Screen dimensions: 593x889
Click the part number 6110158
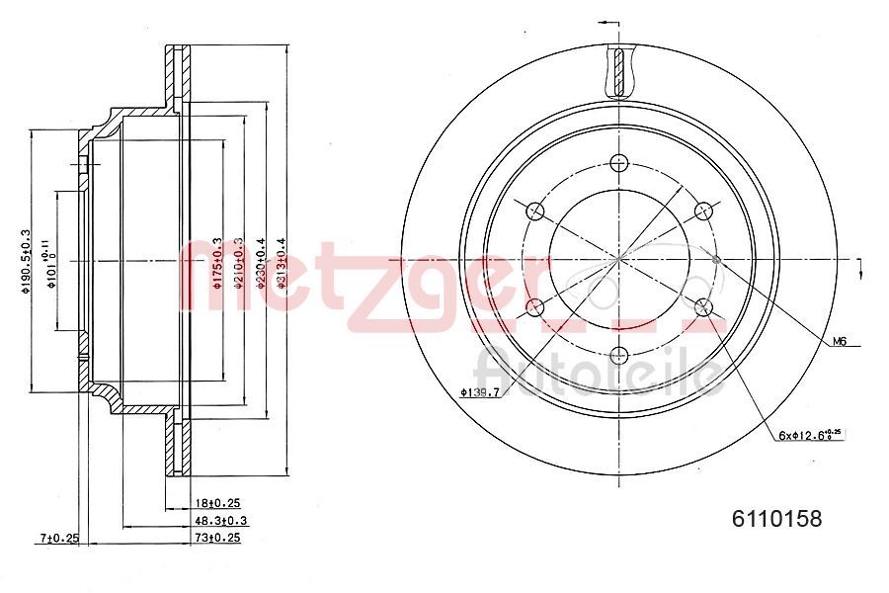click(x=775, y=517)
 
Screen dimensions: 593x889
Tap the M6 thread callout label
click(x=840, y=341)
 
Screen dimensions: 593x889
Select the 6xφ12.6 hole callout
click(x=808, y=434)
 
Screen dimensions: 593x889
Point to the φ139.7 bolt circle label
click(x=479, y=393)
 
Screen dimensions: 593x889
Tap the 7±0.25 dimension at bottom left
click(x=58, y=538)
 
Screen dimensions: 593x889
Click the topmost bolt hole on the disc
click(x=619, y=164)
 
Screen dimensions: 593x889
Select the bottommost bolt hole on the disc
click(x=619, y=355)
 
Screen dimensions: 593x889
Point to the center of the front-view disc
click(x=619, y=260)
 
